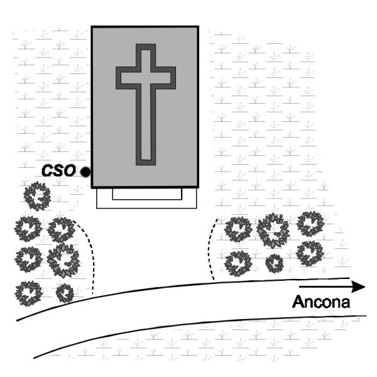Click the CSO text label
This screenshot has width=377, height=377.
(58, 170)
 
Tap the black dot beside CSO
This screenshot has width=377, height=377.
(85, 172)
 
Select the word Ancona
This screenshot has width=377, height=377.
(320, 302)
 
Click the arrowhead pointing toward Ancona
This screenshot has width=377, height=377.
(359, 287)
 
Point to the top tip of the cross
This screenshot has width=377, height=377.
(146, 47)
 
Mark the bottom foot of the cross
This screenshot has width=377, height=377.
(146, 160)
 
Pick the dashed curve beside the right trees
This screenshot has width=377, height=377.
(212, 248)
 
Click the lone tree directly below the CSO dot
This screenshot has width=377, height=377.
(37, 196)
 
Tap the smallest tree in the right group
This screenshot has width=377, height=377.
(274, 263)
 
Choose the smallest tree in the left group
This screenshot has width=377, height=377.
(64, 292)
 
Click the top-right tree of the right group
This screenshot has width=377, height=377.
(310, 223)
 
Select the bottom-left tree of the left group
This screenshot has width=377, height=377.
(28, 292)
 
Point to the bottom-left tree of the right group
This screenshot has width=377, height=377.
(238, 263)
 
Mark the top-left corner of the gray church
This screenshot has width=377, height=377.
(92, 27)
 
